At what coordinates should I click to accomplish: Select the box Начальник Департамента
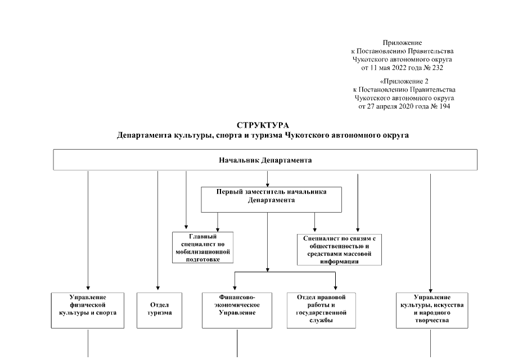[265, 160]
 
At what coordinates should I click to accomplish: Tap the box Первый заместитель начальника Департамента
[271, 200]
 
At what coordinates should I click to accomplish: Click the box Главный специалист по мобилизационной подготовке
[202, 247]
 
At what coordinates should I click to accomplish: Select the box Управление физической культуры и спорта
[88, 310]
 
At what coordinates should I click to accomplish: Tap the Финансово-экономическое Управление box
[237, 310]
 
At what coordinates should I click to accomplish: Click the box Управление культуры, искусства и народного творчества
[431, 310]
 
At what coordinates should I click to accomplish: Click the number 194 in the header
[442, 106]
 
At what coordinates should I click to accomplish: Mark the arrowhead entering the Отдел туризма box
[158, 289]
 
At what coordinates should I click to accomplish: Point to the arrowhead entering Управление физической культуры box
[88, 289]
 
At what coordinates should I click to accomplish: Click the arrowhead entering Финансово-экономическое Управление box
[235, 289]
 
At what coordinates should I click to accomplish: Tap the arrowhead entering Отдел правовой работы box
[336, 289]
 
